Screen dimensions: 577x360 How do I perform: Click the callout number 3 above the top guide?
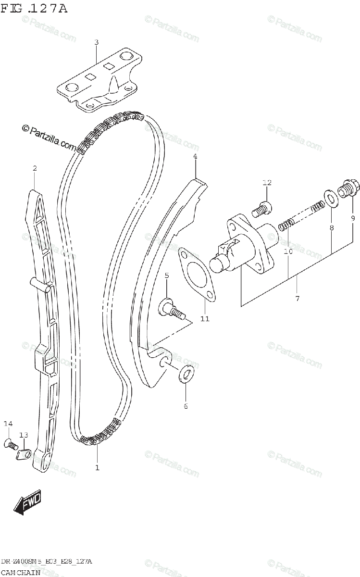[96, 42]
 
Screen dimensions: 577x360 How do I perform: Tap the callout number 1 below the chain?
[97, 467]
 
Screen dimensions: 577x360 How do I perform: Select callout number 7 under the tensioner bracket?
[297, 299]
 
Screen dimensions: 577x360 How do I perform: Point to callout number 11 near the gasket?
[205, 319]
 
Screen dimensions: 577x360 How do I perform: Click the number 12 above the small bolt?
[267, 183]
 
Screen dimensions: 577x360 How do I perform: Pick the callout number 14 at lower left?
[7, 424]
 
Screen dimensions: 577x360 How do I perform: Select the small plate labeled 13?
[24, 453]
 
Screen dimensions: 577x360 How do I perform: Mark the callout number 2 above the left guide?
[35, 168]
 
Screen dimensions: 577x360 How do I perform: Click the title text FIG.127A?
[33, 8]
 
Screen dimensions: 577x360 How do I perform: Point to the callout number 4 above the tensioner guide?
[195, 156]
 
